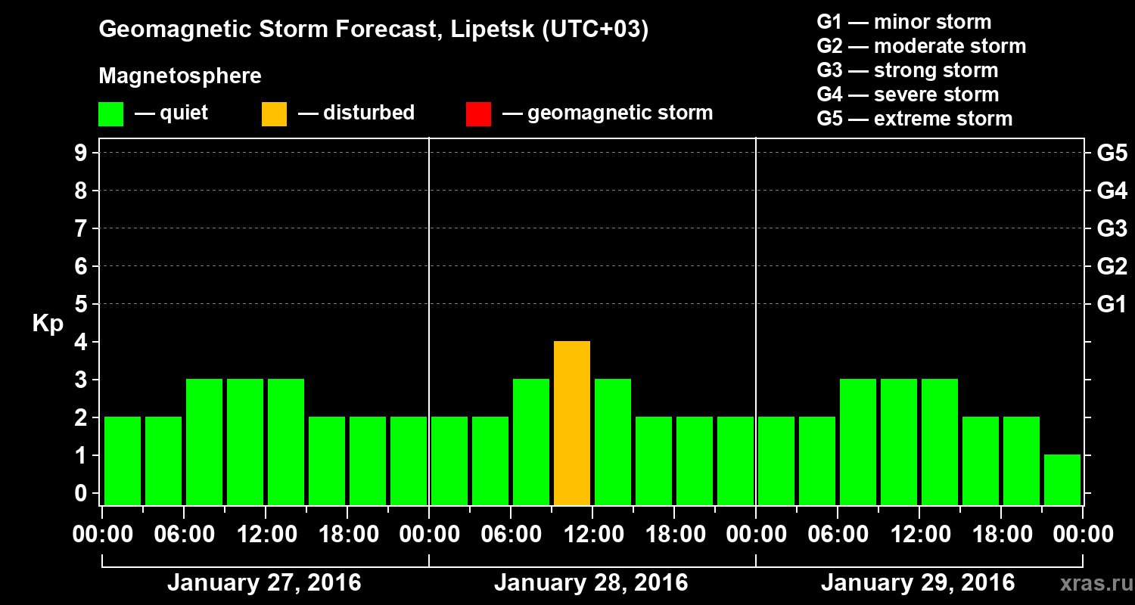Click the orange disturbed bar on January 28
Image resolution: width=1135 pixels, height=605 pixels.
(x=572, y=423)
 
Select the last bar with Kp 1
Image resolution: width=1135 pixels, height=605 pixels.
(x=1062, y=479)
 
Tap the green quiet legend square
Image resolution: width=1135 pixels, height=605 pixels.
(x=110, y=113)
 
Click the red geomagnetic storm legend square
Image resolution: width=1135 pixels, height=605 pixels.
(x=478, y=113)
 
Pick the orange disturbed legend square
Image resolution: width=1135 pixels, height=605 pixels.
(x=274, y=113)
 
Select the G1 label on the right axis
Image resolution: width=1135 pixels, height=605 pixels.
(x=1112, y=305)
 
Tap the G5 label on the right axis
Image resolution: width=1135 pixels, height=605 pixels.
(x=1112, y=154)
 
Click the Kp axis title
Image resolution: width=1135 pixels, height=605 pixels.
(x=48, y=324)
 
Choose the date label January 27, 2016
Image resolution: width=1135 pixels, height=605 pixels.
(x=264, y=583)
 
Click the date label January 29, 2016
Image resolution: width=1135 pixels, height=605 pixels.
(x=918, y=583)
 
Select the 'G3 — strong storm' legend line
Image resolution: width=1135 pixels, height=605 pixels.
(x=907, y=70)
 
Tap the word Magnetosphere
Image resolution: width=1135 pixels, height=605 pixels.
(x=180, y=76)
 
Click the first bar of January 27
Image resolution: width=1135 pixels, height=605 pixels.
(x=123, y=461)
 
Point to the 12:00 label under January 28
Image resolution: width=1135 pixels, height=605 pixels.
(x=592, y=535)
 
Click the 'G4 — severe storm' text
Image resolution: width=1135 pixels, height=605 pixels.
(x=908, y=95)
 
